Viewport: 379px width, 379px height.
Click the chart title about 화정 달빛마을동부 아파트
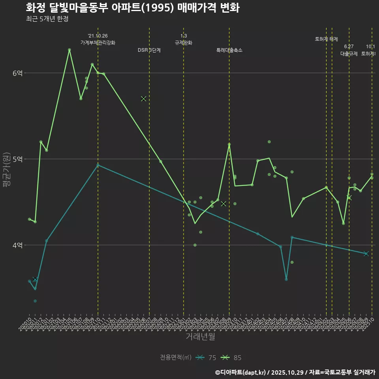click(133, 8)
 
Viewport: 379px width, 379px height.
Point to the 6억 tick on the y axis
click(17, 73)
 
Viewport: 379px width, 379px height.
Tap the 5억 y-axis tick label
click(17, 159)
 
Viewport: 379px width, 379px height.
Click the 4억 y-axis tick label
click(17, 245)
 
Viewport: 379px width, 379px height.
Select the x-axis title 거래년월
click(201, 337)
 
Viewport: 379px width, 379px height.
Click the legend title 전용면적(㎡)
click(176, 358)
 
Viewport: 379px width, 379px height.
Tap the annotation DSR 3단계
click(149, 50)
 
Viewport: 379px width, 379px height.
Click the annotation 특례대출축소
click(229, 50)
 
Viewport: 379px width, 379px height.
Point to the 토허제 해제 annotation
click(326, 39)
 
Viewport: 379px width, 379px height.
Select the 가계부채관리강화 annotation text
click(98, 42)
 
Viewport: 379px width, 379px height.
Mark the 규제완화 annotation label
click(184, 42)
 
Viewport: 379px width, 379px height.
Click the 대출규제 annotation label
click(349, 54)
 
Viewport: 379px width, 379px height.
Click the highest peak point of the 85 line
click(69, 50)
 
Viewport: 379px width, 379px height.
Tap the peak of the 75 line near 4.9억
click(98, 165)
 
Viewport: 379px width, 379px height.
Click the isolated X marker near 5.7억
click(144, 99)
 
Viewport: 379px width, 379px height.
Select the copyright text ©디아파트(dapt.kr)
click(241, 372)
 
